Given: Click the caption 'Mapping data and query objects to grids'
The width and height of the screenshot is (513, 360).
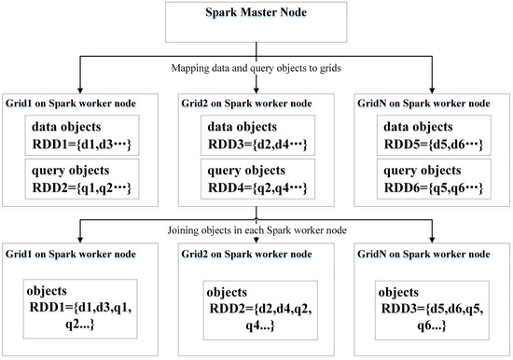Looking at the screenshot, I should point(256,68).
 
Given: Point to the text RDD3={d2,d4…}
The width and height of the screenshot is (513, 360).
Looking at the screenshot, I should point(256,144).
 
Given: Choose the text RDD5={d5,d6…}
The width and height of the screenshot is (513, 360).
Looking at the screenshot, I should point(428,144).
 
